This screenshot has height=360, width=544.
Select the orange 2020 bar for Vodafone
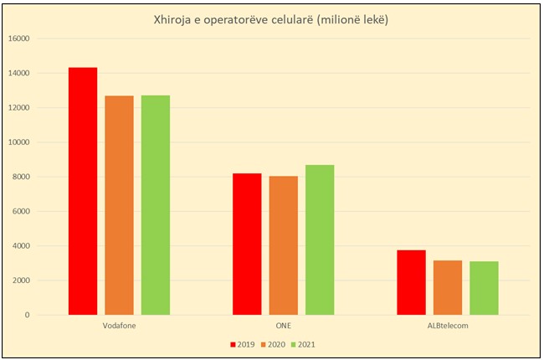coord(119,205)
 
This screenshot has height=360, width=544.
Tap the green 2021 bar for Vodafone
coord(156,205)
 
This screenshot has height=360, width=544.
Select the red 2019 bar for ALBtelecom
coord(411,282)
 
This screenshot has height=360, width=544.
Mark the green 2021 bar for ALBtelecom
coord(484,288)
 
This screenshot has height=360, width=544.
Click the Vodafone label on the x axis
coord(120,325)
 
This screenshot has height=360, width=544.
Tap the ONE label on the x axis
coord(284,325)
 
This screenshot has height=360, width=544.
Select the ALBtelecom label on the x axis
coord(448,325)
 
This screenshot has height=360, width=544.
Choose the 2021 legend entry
coord(304,343)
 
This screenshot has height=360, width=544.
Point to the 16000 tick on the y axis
coord(42,39)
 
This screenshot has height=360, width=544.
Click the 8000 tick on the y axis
coord(44,177)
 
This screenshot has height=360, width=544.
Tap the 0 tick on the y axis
coord(51,315)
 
